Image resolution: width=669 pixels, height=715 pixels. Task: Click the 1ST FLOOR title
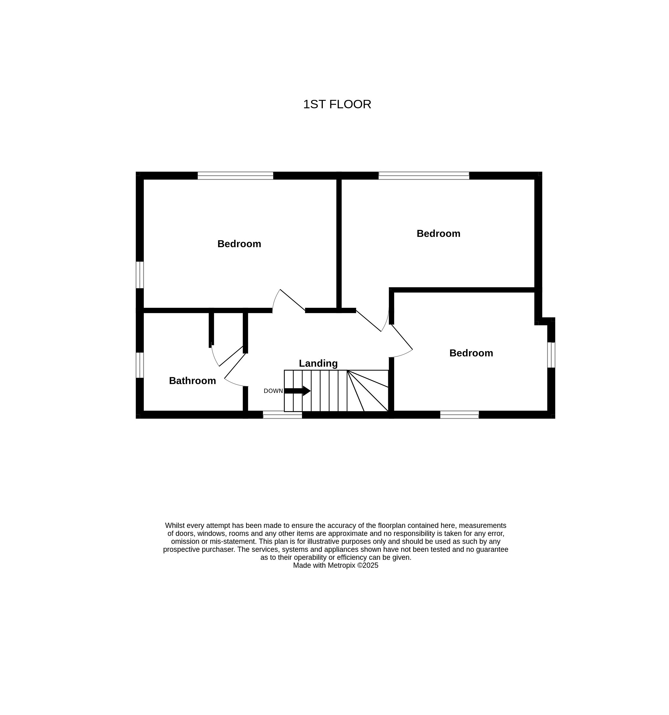pyautogui.click(x=337, y=104)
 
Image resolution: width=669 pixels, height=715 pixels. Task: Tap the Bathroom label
pyautogui.click(x=192, y=381)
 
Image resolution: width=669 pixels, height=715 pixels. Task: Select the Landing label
pyautogui.click(x=318, y=364)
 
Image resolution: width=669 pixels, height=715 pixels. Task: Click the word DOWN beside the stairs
pyautogui.click(x=273, y=391)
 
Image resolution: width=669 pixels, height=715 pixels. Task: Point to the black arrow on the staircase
pyautogui.click(x=297, y=391)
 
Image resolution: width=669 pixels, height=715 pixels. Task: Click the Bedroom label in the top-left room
pyautogui.click(x=239, y=244)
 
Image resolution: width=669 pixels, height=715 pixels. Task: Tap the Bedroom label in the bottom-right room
pyautogui.click(x=471, y=353)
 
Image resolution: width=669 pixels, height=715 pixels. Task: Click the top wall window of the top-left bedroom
pyautogui.click(x=235, y=176)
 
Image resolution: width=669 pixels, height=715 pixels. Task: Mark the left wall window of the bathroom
pyautogui.click(x=139, y=365)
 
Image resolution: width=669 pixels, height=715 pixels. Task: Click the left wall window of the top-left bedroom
pyautogui.click(x=139, y=275)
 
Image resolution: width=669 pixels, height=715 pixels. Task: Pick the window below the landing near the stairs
pyautogui.click(x=282, y=415)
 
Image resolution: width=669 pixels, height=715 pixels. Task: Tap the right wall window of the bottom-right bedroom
pyautogui.click(x=551, y=355)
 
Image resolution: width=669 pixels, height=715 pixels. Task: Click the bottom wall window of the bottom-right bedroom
pyautogui.click(x=460, y=415)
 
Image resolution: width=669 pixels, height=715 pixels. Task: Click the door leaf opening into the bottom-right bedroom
pyautogui.click(x=402, y=337)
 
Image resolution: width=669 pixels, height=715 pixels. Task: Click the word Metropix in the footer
pyautogui.click(x=341, y=565)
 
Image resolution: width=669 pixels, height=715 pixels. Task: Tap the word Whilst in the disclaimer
pyautogui.click(x=175, y=526)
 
